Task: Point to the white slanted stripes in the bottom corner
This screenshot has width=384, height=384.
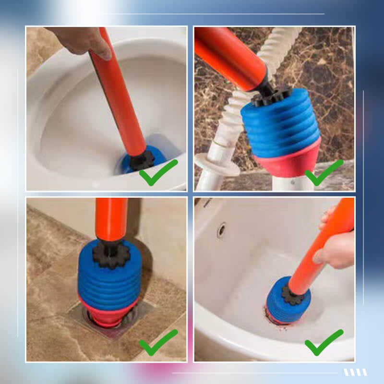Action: coord(355,372)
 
